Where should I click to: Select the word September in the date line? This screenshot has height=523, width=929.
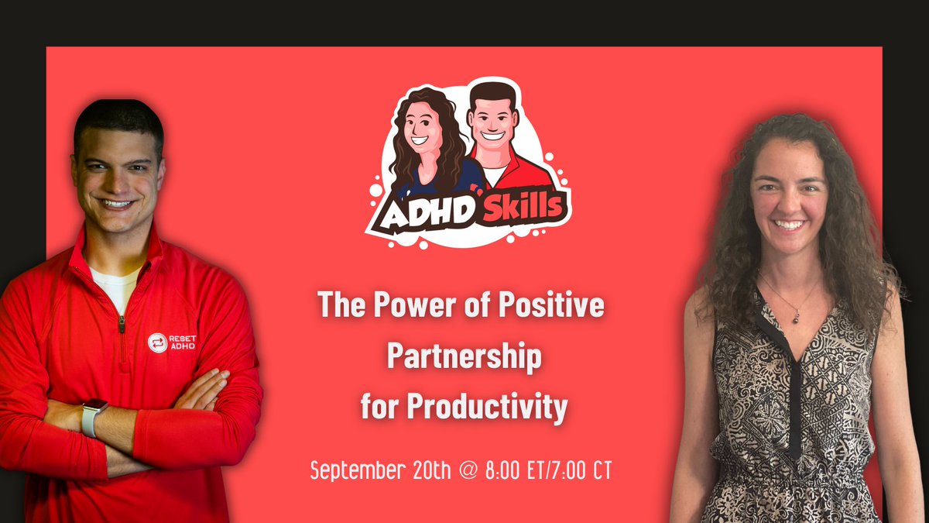[x=357, y=470]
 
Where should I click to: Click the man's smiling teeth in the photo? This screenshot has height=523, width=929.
[x=117, y=204]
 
